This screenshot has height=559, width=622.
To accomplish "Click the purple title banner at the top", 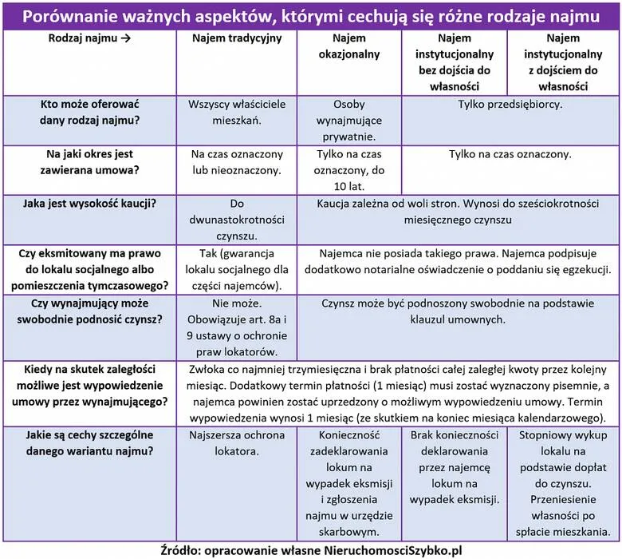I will (311, 16).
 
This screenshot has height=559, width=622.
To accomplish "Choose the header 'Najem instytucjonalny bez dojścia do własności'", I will (454, 61).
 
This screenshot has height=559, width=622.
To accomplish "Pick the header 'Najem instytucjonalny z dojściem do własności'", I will (563, 61).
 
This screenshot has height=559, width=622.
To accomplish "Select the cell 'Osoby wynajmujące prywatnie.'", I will (348, 120).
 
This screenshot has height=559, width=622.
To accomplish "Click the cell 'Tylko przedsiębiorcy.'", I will (510, 105).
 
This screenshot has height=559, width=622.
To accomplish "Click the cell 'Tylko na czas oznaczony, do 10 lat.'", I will (348, 169).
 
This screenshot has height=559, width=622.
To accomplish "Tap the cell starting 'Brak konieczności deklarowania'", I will (454, 467).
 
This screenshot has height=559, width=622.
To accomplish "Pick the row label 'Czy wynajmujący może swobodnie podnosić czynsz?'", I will (89, 311).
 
